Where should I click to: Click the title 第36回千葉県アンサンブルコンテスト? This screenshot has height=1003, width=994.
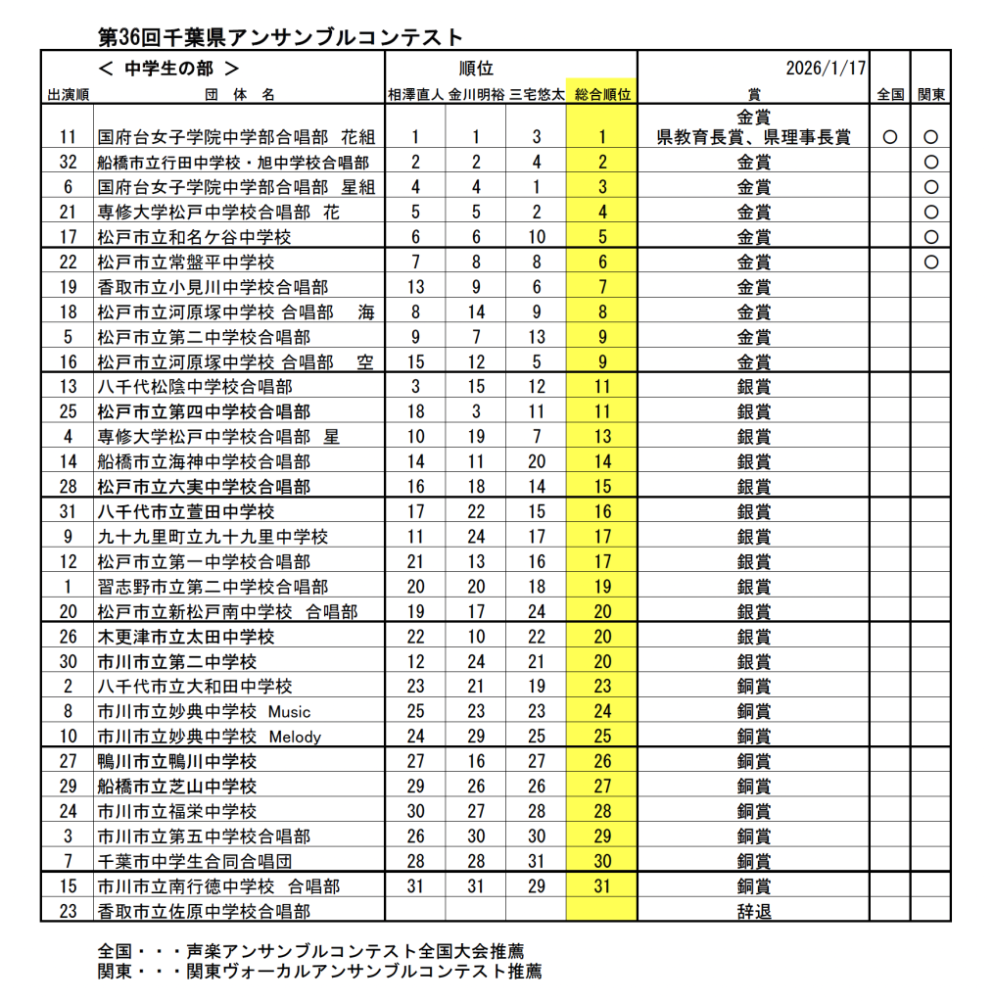(x=281, y=37)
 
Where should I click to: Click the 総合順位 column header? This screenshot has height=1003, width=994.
(x=601, y=95)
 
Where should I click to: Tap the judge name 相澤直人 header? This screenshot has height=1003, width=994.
(x=415, y=95)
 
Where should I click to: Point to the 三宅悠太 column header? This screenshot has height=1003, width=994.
(x=537, y=95)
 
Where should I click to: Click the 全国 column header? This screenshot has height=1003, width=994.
(x=889, y=95)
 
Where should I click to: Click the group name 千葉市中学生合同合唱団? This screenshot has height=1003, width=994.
(x=195, y=861)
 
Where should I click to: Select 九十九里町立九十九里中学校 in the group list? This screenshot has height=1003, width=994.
(x=213, y=537)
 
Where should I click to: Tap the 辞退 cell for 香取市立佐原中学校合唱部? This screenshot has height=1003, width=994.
(x=753, y=911)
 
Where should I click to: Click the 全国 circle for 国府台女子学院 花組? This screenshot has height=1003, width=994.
(x=889, y=137)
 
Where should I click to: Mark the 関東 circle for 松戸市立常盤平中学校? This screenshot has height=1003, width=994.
(x=930, y=263)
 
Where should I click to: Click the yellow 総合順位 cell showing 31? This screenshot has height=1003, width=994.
(x=601, y=885)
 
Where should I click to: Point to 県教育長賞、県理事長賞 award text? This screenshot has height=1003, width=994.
(x=753, y=137)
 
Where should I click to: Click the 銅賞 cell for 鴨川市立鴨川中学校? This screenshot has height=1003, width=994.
(x=753, y=761)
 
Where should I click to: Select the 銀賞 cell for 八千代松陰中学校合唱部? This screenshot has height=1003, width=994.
(x=753, y=387)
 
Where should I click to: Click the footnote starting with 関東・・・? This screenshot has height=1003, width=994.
(x=319, y=972)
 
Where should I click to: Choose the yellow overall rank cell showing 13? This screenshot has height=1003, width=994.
(x=601, y=437)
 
